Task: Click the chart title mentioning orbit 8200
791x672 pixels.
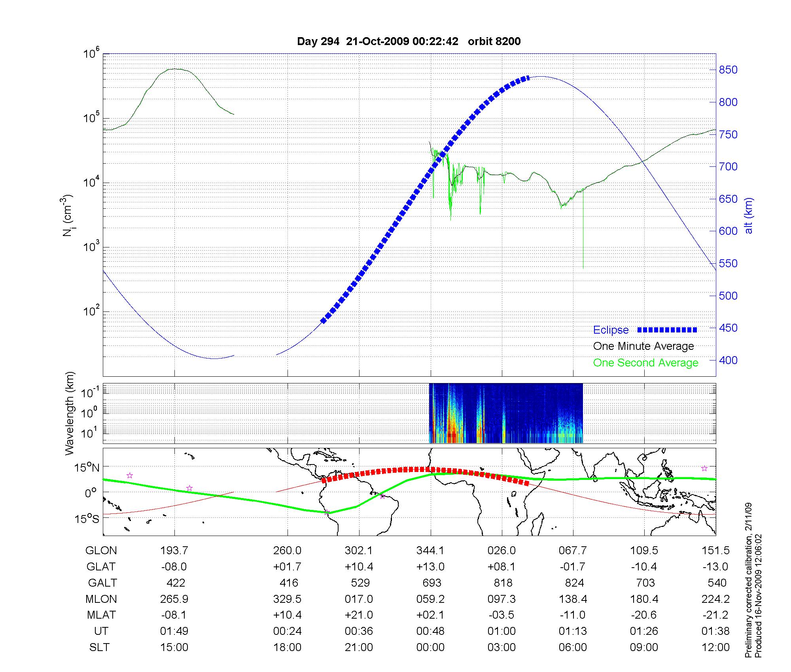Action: coord(409,41)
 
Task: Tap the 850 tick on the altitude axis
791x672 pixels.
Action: coord(728,70)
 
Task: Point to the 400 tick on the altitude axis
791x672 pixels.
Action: coord(728,360)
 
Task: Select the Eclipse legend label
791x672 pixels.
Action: coord(611,330)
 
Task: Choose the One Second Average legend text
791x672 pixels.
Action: coord(645,363)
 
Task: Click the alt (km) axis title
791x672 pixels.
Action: coord(749,215)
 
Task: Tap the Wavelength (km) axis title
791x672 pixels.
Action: coord(70,413)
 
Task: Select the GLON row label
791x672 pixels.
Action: coord(101,551)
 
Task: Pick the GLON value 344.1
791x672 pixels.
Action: coord(430,551)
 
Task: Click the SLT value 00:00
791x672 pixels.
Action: coord(430,647)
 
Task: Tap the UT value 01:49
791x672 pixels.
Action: coord(174,631)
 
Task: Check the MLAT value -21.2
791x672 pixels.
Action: coord(715,615)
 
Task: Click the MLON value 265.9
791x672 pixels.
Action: coord(174,599)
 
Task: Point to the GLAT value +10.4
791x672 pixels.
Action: coord(359,567)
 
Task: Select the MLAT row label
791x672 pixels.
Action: coord(101,615)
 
